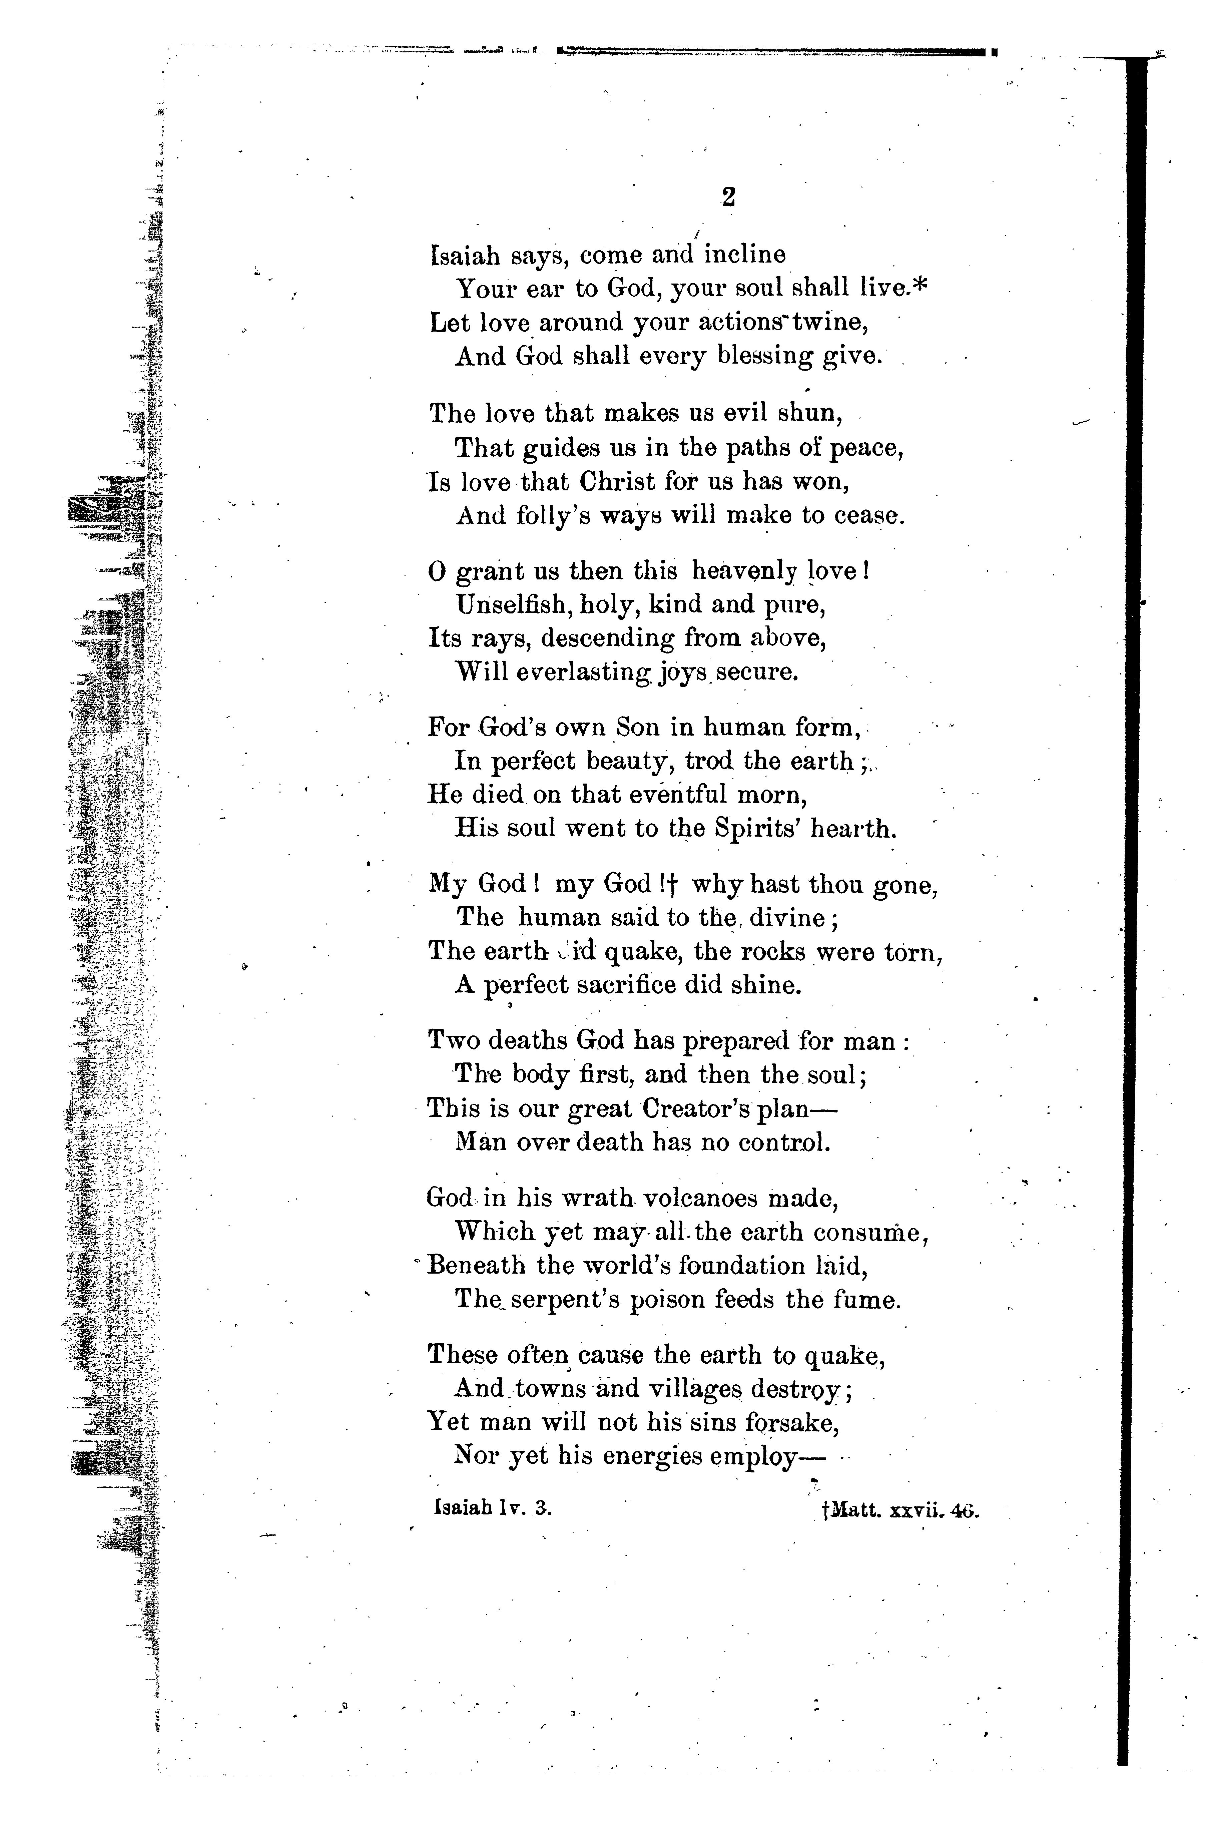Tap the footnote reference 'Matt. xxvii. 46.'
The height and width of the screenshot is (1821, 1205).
click(901, 1510)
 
